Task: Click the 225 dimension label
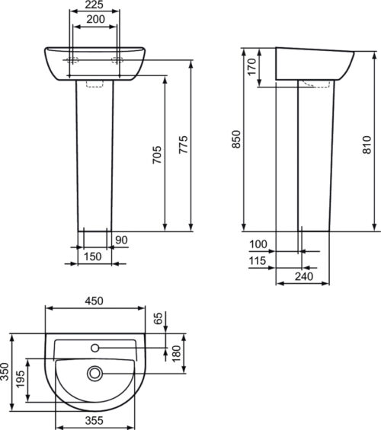coord(94,5)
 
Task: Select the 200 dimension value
coord(95,19)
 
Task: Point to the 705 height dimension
coord(157,155)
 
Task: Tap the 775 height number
coord(184,145)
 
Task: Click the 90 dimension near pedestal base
coord(121,240)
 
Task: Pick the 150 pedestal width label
coord(92,256)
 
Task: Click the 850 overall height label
coord(236,139)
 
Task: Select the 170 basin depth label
coord(251,66)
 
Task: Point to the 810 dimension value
coord(367,145)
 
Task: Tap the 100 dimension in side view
coord(258,244)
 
